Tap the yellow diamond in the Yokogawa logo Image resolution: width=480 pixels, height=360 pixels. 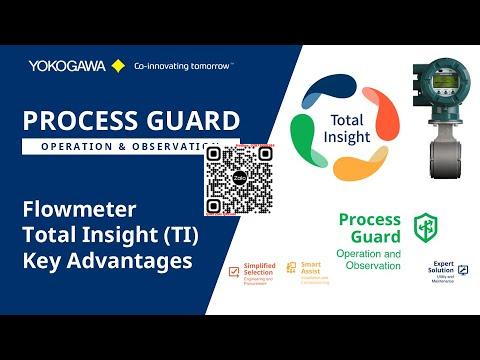point(118,65)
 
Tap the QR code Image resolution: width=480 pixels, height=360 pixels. point(239,180)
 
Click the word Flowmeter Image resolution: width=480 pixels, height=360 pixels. point(75,210)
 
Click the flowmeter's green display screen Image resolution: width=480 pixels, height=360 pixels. point(437,79)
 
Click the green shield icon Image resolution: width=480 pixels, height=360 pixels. point(425,226)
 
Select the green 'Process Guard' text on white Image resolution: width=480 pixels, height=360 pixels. point(369,227)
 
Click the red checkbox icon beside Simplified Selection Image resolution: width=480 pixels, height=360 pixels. point(234,271)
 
